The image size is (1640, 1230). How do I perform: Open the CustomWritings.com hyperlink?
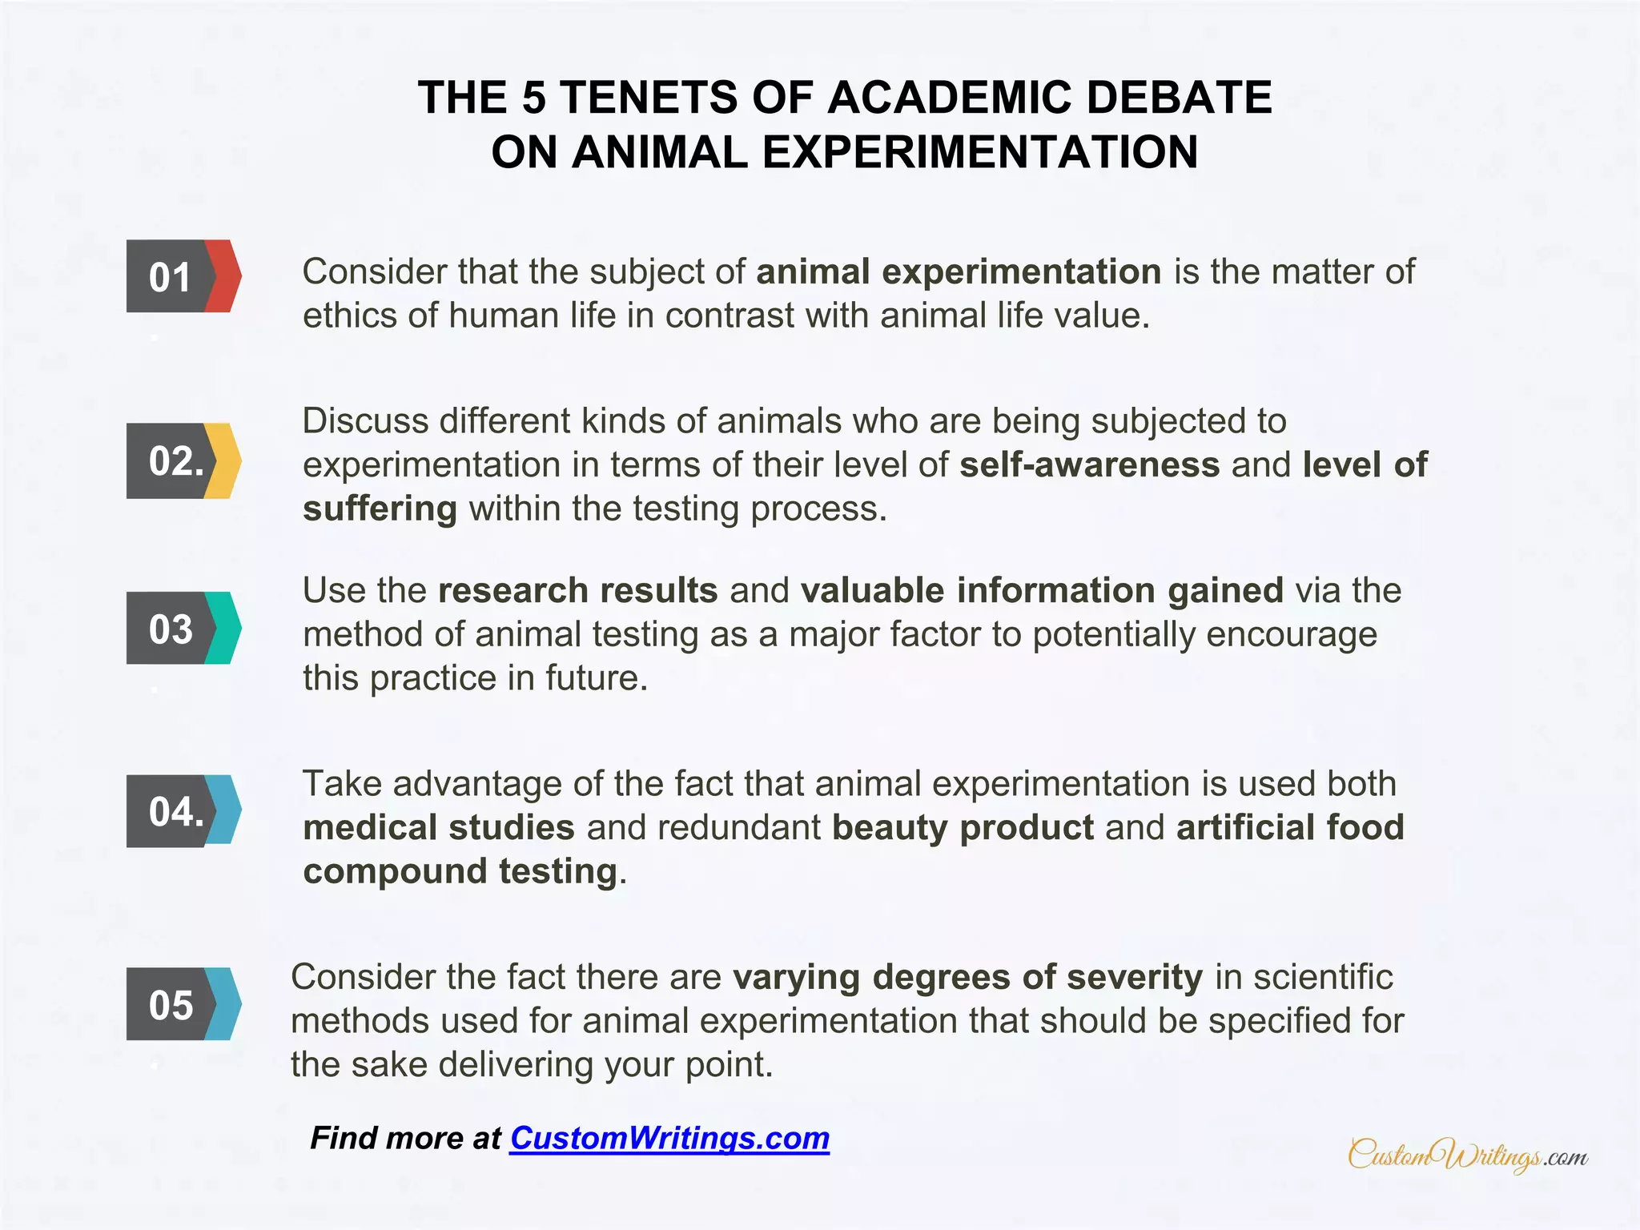[x=669, y=1138]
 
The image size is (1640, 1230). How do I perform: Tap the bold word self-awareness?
[x=1089, y=464]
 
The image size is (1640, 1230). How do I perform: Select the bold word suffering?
[x=380, y=508]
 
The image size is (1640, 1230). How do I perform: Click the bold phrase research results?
[x=577, y=590]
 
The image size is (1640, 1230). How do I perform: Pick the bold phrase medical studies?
[x=439, y=827]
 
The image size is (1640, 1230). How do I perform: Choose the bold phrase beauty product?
[x=963, y=827]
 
